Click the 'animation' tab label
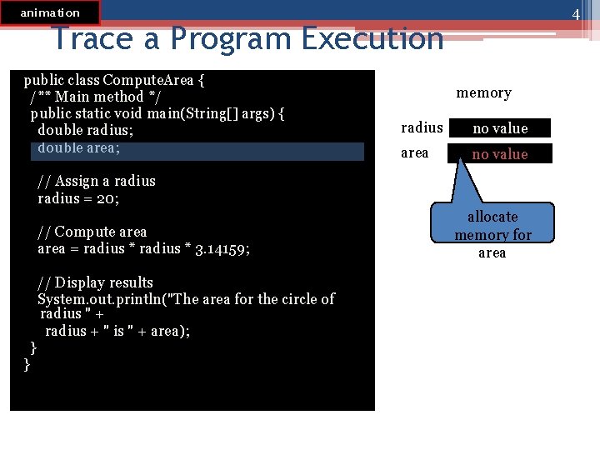50,12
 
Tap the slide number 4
575,15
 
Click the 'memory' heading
483,92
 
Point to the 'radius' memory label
422,127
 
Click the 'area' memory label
415,152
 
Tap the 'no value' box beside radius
500,128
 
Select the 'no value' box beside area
500,153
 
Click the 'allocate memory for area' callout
492,234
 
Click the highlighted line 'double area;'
79,148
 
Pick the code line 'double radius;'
85,130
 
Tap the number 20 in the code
109,198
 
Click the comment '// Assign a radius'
97,181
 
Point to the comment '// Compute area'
92,232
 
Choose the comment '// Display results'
95,282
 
